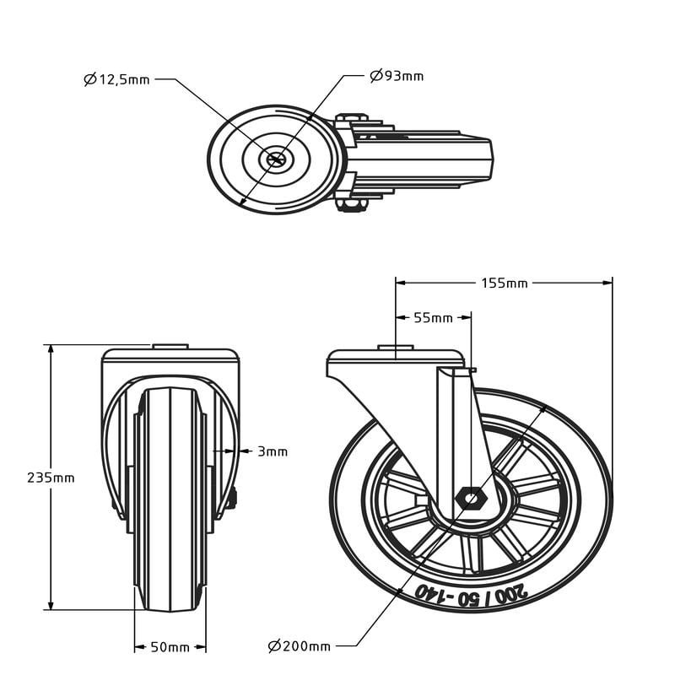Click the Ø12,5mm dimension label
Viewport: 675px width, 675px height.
(116, 79)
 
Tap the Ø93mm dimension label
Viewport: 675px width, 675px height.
(397, 76)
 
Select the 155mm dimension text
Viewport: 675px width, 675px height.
(504, 283)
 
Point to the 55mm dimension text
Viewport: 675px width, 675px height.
(433, 318)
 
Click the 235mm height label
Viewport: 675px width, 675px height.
(51, 478)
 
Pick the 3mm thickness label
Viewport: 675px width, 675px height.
(273, 451)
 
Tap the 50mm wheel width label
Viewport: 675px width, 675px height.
(170, 646)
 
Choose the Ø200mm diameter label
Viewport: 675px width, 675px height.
(300, 645)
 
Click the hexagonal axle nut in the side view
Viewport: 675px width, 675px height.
(472, 499)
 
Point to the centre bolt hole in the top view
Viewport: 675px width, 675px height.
(276, 159)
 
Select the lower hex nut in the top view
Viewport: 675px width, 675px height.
(351, 205)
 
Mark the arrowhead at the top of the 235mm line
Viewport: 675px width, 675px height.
(51, 349)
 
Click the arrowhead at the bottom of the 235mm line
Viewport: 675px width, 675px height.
(51, 604)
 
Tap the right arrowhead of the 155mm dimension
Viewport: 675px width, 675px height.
(607, 283)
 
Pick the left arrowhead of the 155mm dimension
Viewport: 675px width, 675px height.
(401, 283)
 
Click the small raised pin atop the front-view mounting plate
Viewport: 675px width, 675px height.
(170, 347)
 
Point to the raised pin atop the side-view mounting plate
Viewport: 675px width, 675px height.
(396, 348)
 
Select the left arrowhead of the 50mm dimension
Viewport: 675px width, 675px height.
(139, 646)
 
